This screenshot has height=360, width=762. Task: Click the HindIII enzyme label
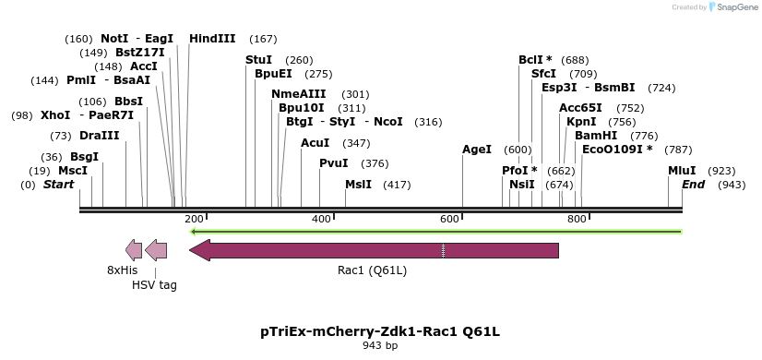[212, 39]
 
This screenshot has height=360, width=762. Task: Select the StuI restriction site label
[258, 60]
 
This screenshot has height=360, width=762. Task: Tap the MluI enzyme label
[684, 171]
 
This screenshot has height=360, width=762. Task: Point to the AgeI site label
[477, 150]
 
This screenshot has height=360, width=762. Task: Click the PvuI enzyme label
[334, 163]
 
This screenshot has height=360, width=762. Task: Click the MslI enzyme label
[358, 185]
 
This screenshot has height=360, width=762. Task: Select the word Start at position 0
[58, 185]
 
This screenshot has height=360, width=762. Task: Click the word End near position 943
[693, 185]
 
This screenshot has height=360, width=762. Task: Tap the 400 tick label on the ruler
[322, 219]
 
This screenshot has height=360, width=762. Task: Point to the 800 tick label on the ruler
[577, 219]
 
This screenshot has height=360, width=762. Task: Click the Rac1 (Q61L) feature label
[372, 270]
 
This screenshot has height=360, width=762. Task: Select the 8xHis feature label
[122, 270]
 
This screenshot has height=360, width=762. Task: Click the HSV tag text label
[154, 285]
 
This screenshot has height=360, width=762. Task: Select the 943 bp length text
[380, 346]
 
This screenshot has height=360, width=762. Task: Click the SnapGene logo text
[733, 7]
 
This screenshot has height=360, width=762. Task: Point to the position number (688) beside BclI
[575, 60]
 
